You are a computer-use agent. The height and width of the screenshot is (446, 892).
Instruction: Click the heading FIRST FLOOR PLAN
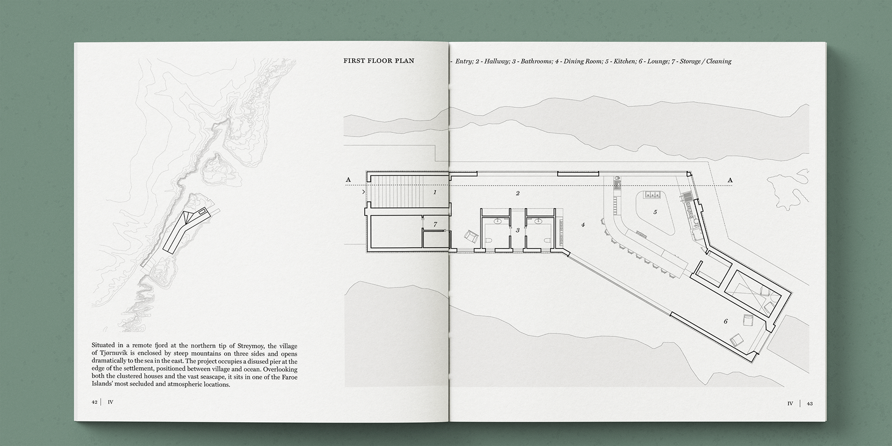point(379,61)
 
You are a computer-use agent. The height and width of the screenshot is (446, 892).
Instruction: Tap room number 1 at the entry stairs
point(435,192)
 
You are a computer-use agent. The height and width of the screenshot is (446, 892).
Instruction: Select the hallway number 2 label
point(518,193)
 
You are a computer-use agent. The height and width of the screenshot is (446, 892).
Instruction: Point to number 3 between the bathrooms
point(518,230)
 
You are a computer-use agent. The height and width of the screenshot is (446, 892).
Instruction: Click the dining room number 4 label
point(583,225)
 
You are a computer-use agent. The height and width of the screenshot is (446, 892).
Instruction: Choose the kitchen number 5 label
point(655,212)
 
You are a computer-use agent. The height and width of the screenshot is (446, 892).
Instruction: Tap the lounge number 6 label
point(726,321)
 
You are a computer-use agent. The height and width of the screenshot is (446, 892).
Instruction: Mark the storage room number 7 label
point(435,225)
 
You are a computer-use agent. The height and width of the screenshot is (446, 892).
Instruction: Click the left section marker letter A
point(348,180)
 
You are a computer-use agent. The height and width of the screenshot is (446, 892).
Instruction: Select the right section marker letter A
point(730,180)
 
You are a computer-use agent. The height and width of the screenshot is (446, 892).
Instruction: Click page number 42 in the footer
point(94,402)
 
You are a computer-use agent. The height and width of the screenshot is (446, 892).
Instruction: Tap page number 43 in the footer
point(810,404)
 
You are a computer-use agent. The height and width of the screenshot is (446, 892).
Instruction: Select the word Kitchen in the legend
point(623,61)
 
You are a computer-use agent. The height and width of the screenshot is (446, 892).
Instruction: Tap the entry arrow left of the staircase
point(363,191)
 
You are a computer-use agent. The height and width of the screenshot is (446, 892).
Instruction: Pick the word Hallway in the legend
point(496,61)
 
